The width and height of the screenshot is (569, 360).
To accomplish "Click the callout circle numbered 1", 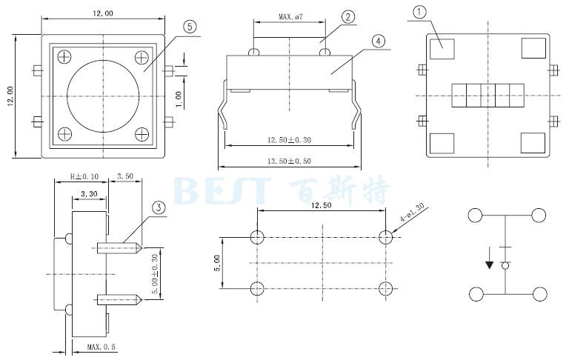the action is (419, 13).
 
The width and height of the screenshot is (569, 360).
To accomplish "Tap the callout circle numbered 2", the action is (348, 17).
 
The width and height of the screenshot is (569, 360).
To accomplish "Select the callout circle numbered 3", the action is (159, 208).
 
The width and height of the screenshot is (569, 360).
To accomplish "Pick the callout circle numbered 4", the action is (379, 41).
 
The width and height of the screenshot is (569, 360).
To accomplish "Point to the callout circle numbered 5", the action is (190, 26).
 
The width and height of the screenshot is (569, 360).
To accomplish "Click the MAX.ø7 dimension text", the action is (290, 17).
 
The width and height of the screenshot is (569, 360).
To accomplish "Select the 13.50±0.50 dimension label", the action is (289, 161).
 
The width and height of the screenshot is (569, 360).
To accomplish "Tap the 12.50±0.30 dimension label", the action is (289, 140).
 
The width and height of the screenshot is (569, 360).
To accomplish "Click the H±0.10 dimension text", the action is (84, 177).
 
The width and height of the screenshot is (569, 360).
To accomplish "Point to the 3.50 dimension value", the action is (125, 176).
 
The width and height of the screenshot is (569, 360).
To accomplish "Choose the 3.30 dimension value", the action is (89, 194).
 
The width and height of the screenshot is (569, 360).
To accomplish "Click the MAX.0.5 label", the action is (102, 347).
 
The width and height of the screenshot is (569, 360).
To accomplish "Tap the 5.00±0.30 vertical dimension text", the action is (155, 274).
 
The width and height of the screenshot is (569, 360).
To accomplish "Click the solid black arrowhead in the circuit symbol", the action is (489, 265).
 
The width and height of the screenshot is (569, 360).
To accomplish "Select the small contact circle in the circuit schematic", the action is (505, 266).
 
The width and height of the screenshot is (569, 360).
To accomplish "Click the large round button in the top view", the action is (104, 96).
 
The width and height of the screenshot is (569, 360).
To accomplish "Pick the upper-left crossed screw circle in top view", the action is (64, 57).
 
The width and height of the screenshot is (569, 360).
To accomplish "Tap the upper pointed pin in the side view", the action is (119, 248).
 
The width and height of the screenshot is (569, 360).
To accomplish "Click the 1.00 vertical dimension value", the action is (179, 99).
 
